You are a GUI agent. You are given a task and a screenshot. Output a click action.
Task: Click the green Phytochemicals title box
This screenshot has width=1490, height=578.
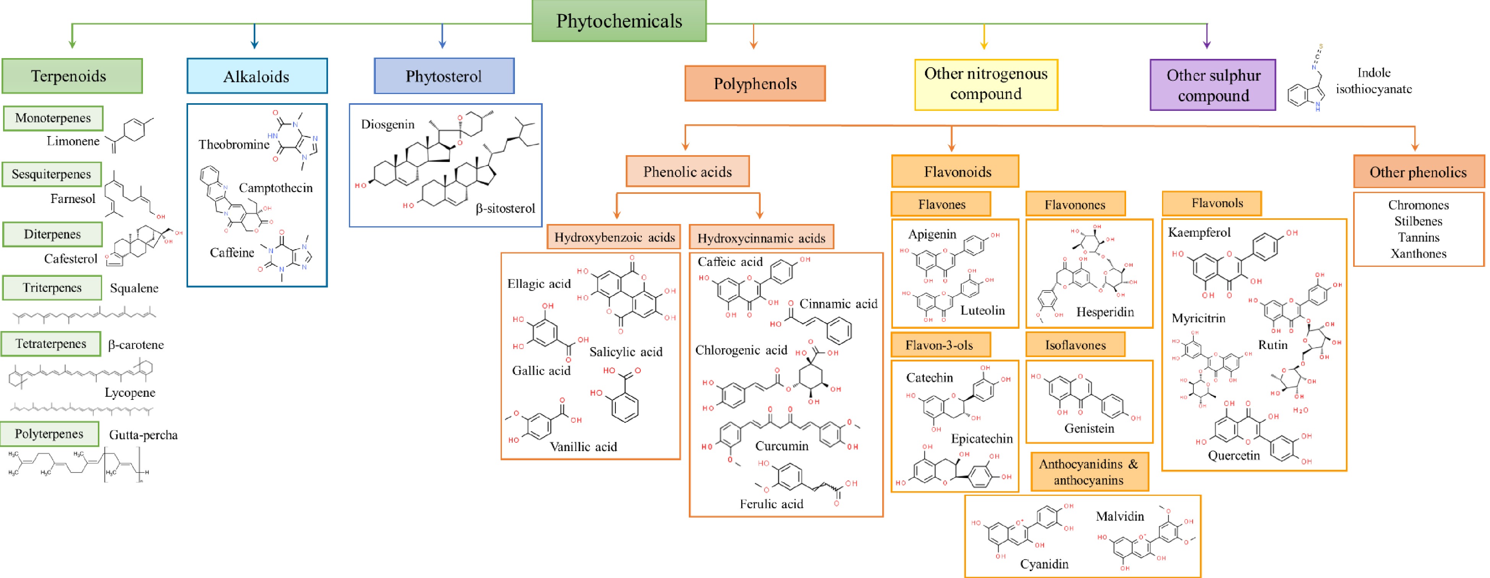[x=618, y=21]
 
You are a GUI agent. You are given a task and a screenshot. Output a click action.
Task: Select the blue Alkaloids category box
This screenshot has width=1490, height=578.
[x=257, y=76]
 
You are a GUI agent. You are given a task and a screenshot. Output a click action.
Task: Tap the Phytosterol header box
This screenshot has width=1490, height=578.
[x=444, y=76]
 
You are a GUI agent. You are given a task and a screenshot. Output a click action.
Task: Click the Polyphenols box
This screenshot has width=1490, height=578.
[x=755, y=84]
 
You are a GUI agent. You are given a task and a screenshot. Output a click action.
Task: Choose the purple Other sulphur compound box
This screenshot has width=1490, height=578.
[x=1212, y=85]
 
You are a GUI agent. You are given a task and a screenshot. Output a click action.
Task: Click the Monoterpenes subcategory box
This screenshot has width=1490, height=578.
[x=53, y=118]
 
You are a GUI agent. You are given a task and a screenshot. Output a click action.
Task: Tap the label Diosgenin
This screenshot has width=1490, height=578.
[x=388, y=124]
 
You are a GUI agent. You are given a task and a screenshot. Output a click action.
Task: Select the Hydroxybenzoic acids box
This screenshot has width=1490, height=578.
[x=614, y=237]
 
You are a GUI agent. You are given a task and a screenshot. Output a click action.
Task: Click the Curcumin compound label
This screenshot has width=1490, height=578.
[x=781, y=446]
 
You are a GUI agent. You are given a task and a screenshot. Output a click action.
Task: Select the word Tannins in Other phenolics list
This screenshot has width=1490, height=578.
[x=1418, y=237]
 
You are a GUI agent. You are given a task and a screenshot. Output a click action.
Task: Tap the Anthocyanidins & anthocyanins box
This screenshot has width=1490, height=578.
[x=1089, y=472]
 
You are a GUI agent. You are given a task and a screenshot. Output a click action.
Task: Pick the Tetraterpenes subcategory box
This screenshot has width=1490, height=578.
[x=51, y=344]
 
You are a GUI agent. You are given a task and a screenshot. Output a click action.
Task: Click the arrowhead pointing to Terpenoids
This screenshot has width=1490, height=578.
[x=72, y=44]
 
